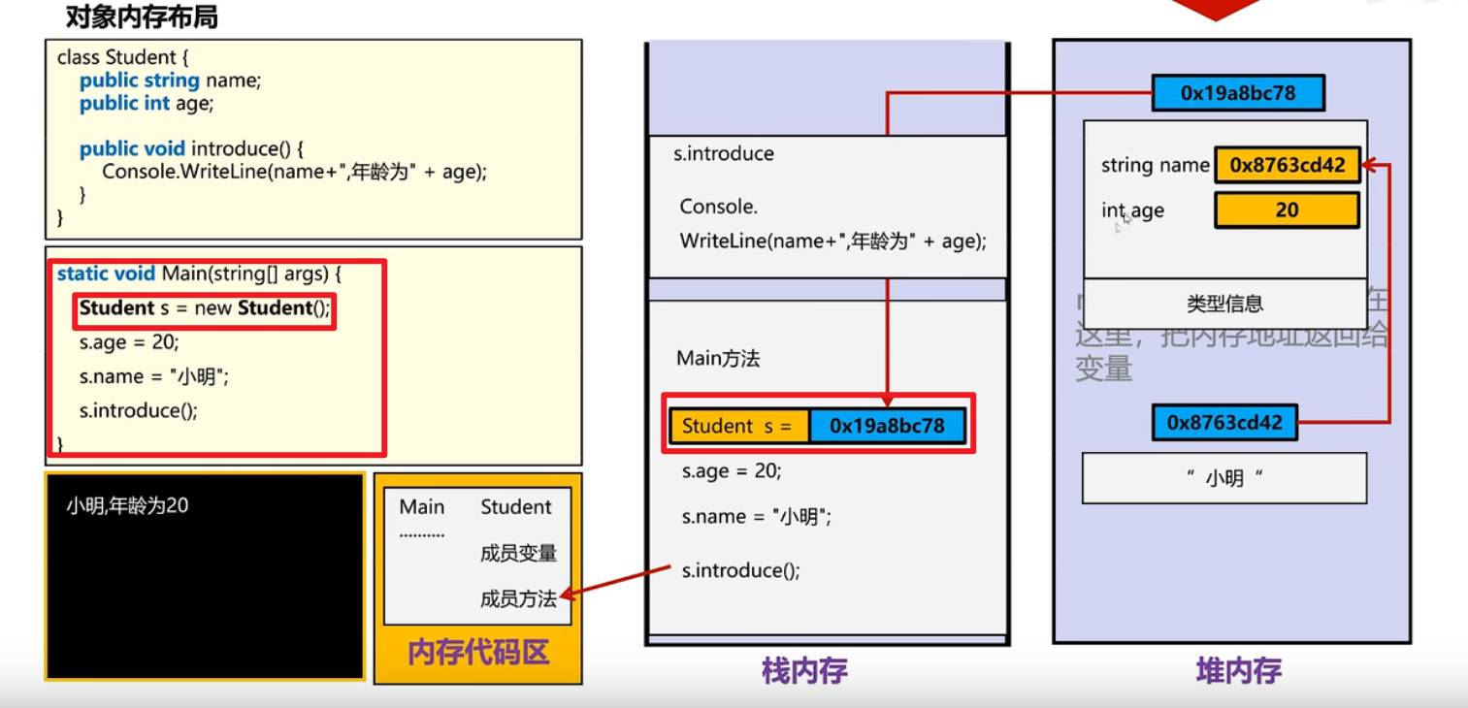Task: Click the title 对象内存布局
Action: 141,17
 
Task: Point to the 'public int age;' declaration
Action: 146,103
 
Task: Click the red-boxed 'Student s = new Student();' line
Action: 205,309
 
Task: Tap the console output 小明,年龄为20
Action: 127,505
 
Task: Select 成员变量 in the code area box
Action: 518,553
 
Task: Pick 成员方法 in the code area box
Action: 518,598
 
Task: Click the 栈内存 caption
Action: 804,670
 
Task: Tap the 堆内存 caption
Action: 1238,670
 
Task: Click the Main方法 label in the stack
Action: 718,359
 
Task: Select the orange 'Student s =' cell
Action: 738,426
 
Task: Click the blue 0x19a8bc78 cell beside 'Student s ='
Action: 887,426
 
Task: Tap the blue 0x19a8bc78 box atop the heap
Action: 1237,93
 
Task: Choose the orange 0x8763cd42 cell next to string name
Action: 1287,165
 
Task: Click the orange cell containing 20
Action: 1287,210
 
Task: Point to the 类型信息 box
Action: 1224,304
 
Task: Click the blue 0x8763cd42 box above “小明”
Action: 1224,423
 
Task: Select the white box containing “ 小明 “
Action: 1223,478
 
